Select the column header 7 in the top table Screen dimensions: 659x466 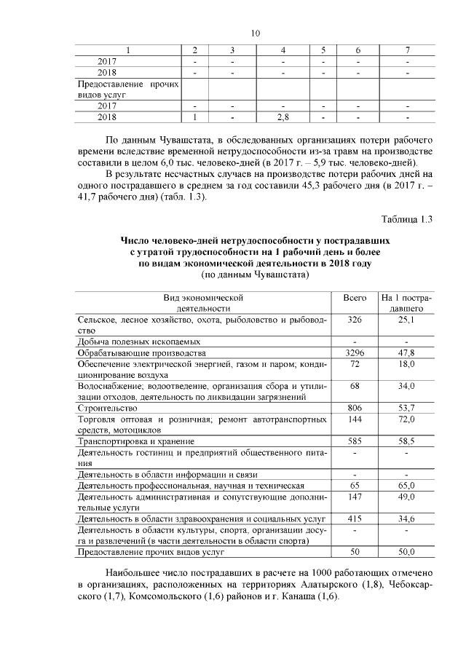[x=406, y=50]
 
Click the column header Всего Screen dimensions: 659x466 [x=354, y=299]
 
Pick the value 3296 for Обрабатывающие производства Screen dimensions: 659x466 [x=354, y=352]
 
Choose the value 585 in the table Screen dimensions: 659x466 [x=354, y=441]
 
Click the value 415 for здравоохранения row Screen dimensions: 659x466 [x=354, y=518]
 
